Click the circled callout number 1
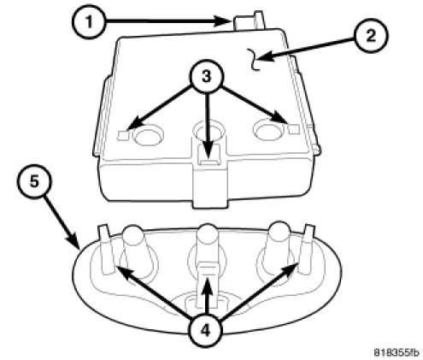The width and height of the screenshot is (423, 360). [89, 21]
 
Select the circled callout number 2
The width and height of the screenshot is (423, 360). [371, 36]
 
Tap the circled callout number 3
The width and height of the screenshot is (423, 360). [207, 76]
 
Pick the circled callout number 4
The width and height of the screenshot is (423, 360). [207, 331]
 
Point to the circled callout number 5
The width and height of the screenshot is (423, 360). [34, 181]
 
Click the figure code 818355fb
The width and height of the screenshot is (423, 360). [397, 352]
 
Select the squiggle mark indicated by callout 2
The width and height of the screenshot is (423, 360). [254, 59]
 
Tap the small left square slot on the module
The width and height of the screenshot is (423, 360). [123, 135]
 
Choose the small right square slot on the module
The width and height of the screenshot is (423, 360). [294, 129]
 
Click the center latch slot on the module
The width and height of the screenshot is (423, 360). [209, 155]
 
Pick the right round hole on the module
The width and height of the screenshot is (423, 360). [268, 130]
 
